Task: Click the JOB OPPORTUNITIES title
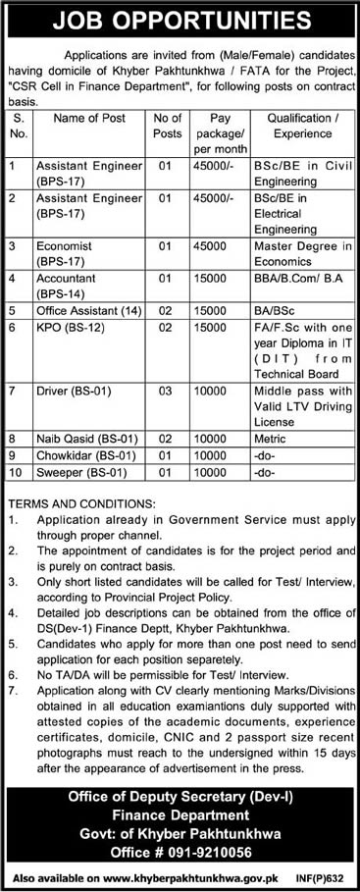180,19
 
